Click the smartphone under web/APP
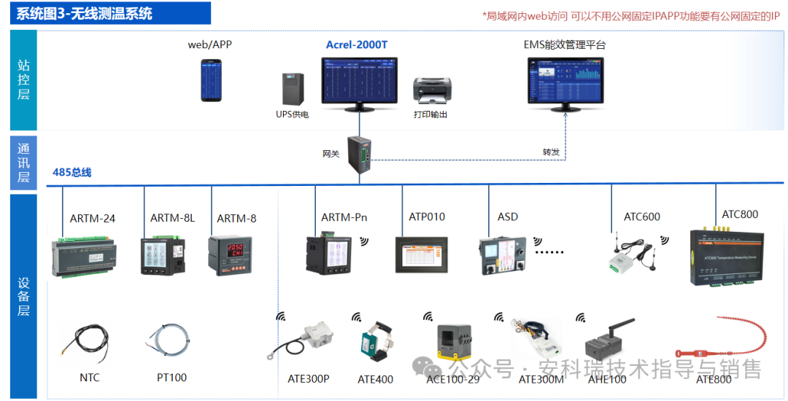click(x=211, y=81)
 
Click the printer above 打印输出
click(x=430, y=91)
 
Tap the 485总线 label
click(x=72, y=173)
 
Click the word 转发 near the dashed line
click(x=551, y=152)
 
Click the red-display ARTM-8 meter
click(x=231, y=254)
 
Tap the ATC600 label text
click(x=641, y=217)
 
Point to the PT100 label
click(x=171, y=378)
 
